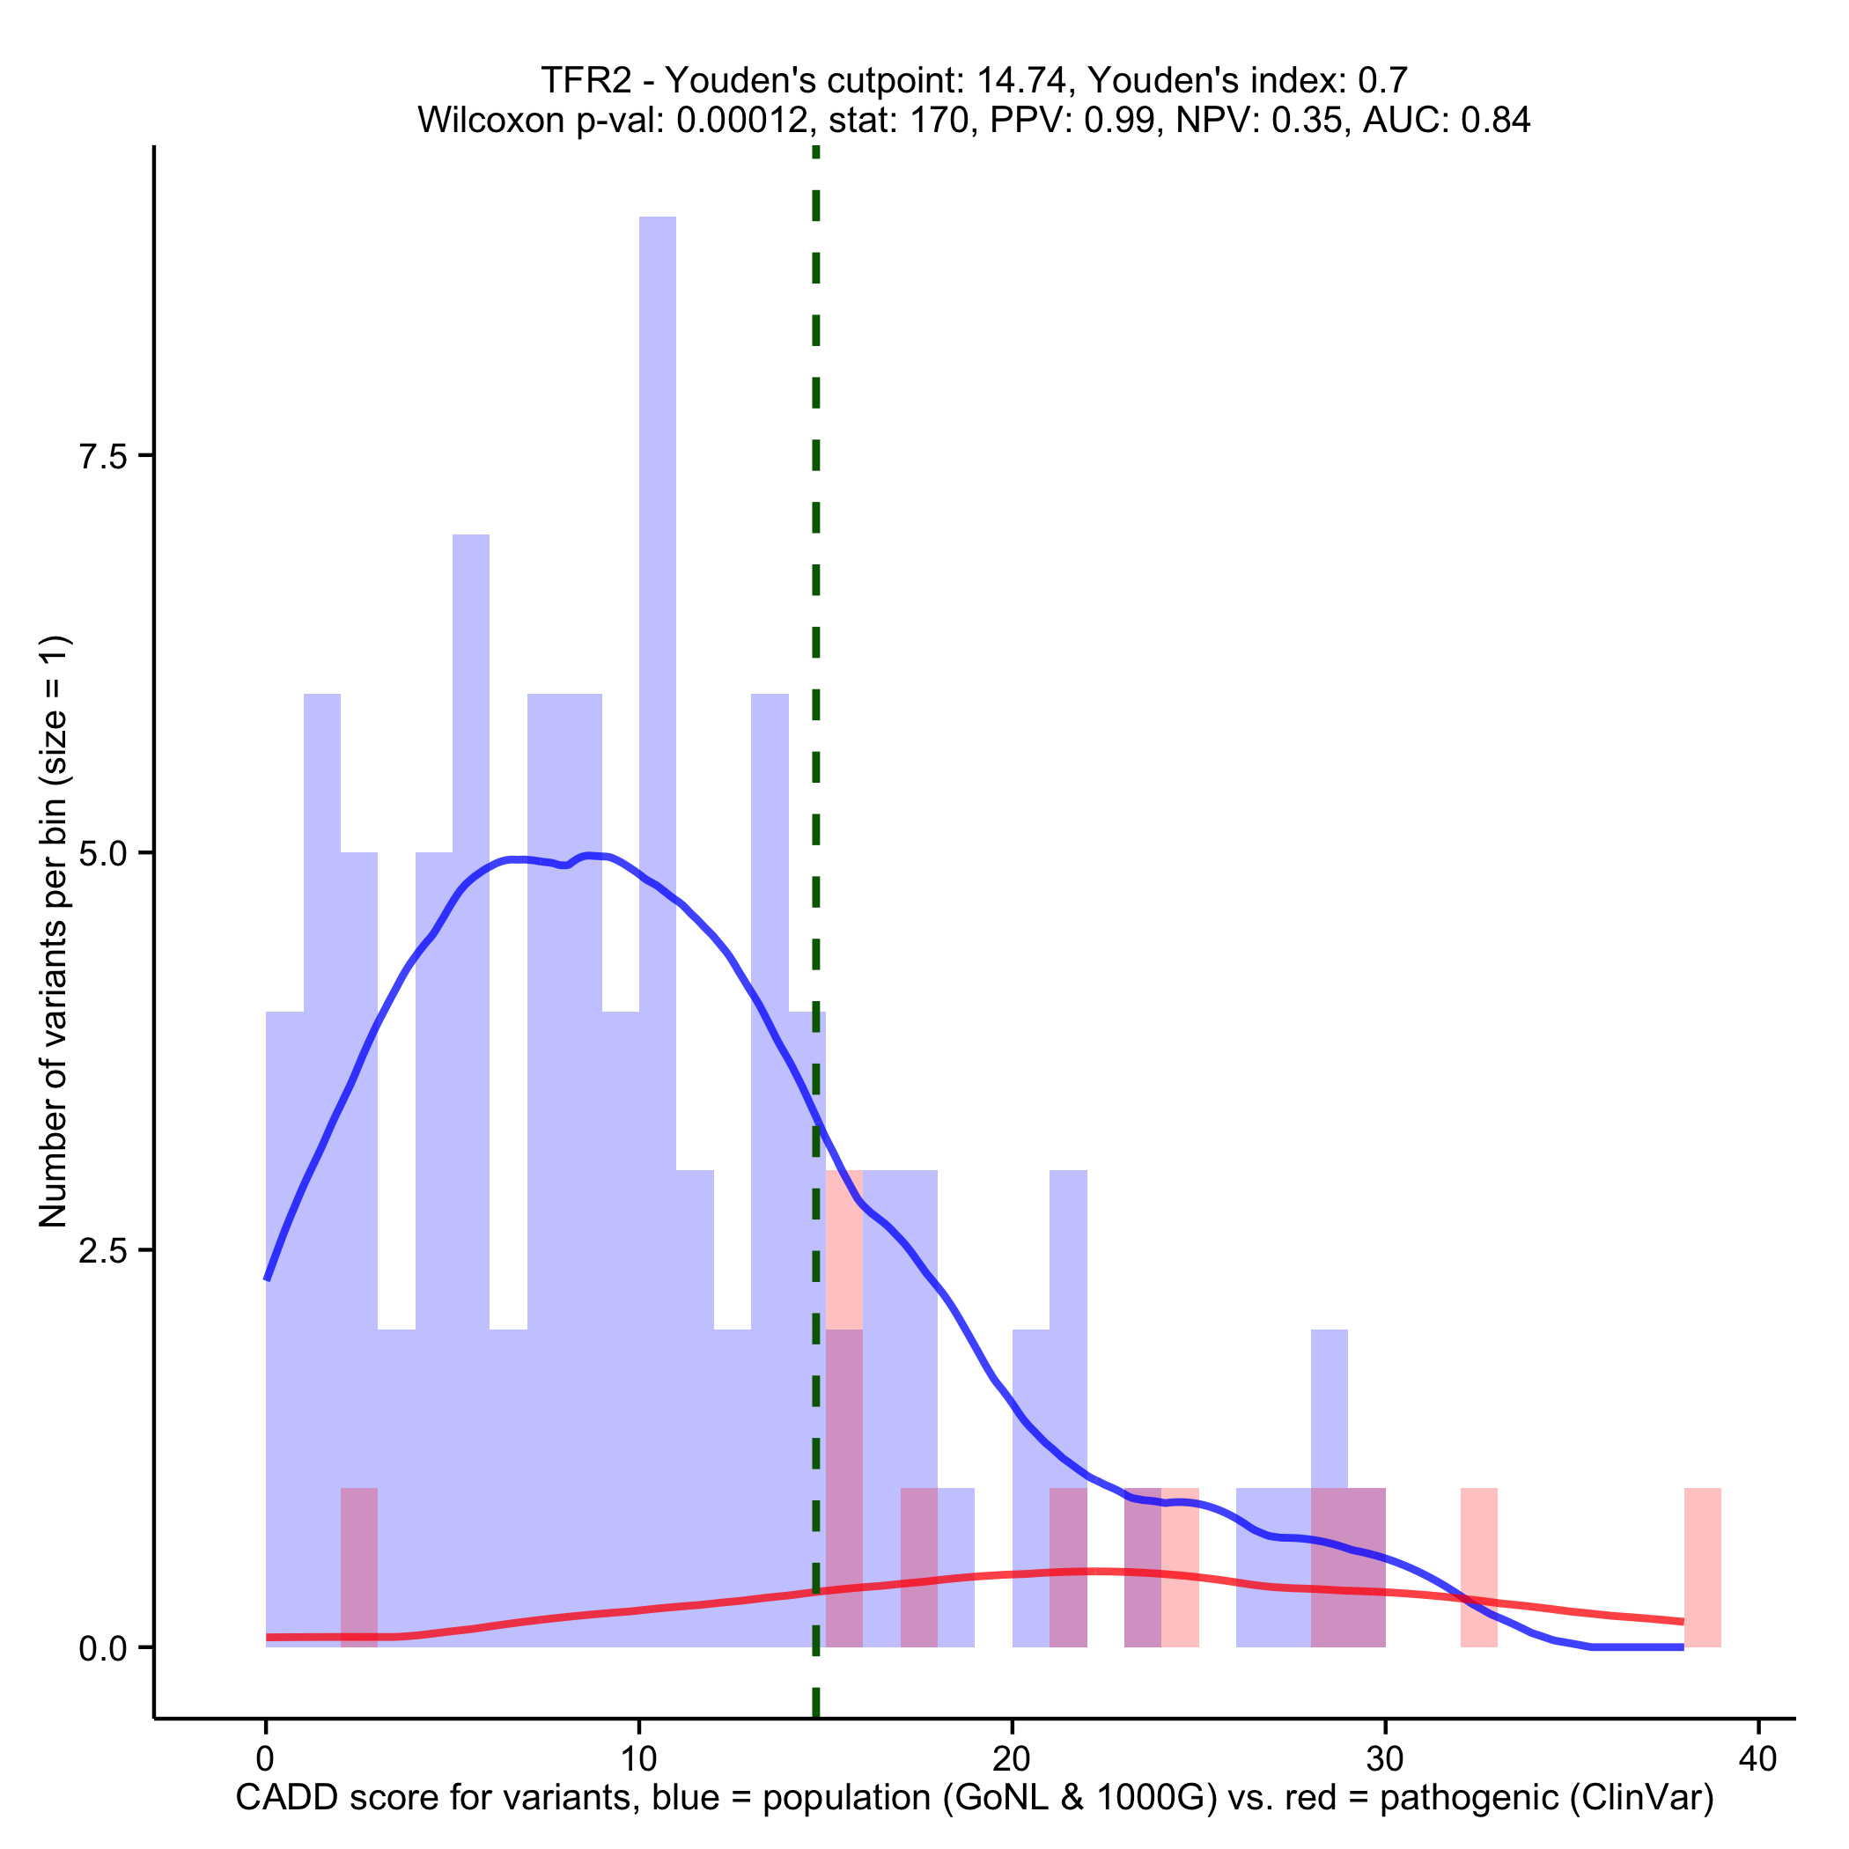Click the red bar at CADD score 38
1702,1566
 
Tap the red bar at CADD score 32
1478,1566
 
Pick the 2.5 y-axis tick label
103,1251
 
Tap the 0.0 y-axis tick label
103,1648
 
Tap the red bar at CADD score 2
359,1566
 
